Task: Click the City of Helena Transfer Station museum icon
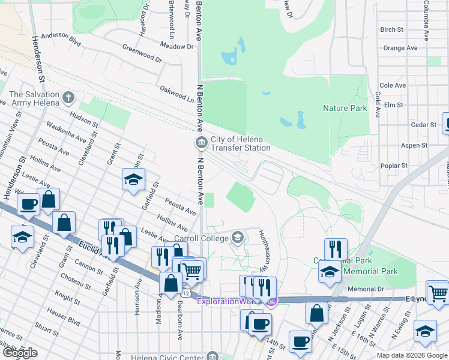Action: [x=200, y=142]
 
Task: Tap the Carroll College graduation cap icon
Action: [x=238, y=238]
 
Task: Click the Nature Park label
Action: [x=345, y=109]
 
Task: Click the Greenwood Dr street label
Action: [x=142, y=53]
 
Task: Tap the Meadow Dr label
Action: [x=177, y=46]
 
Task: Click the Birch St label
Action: [x=392, y=29]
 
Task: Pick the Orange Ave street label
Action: [x=400, y=48]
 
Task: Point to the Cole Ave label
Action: [x=393, y=86]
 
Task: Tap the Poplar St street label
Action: [x=394, y=166]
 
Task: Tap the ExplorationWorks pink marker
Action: [x=271, y=301]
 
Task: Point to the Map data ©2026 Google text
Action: [x=411, y=355]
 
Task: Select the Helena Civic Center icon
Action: [x=212, y=356]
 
